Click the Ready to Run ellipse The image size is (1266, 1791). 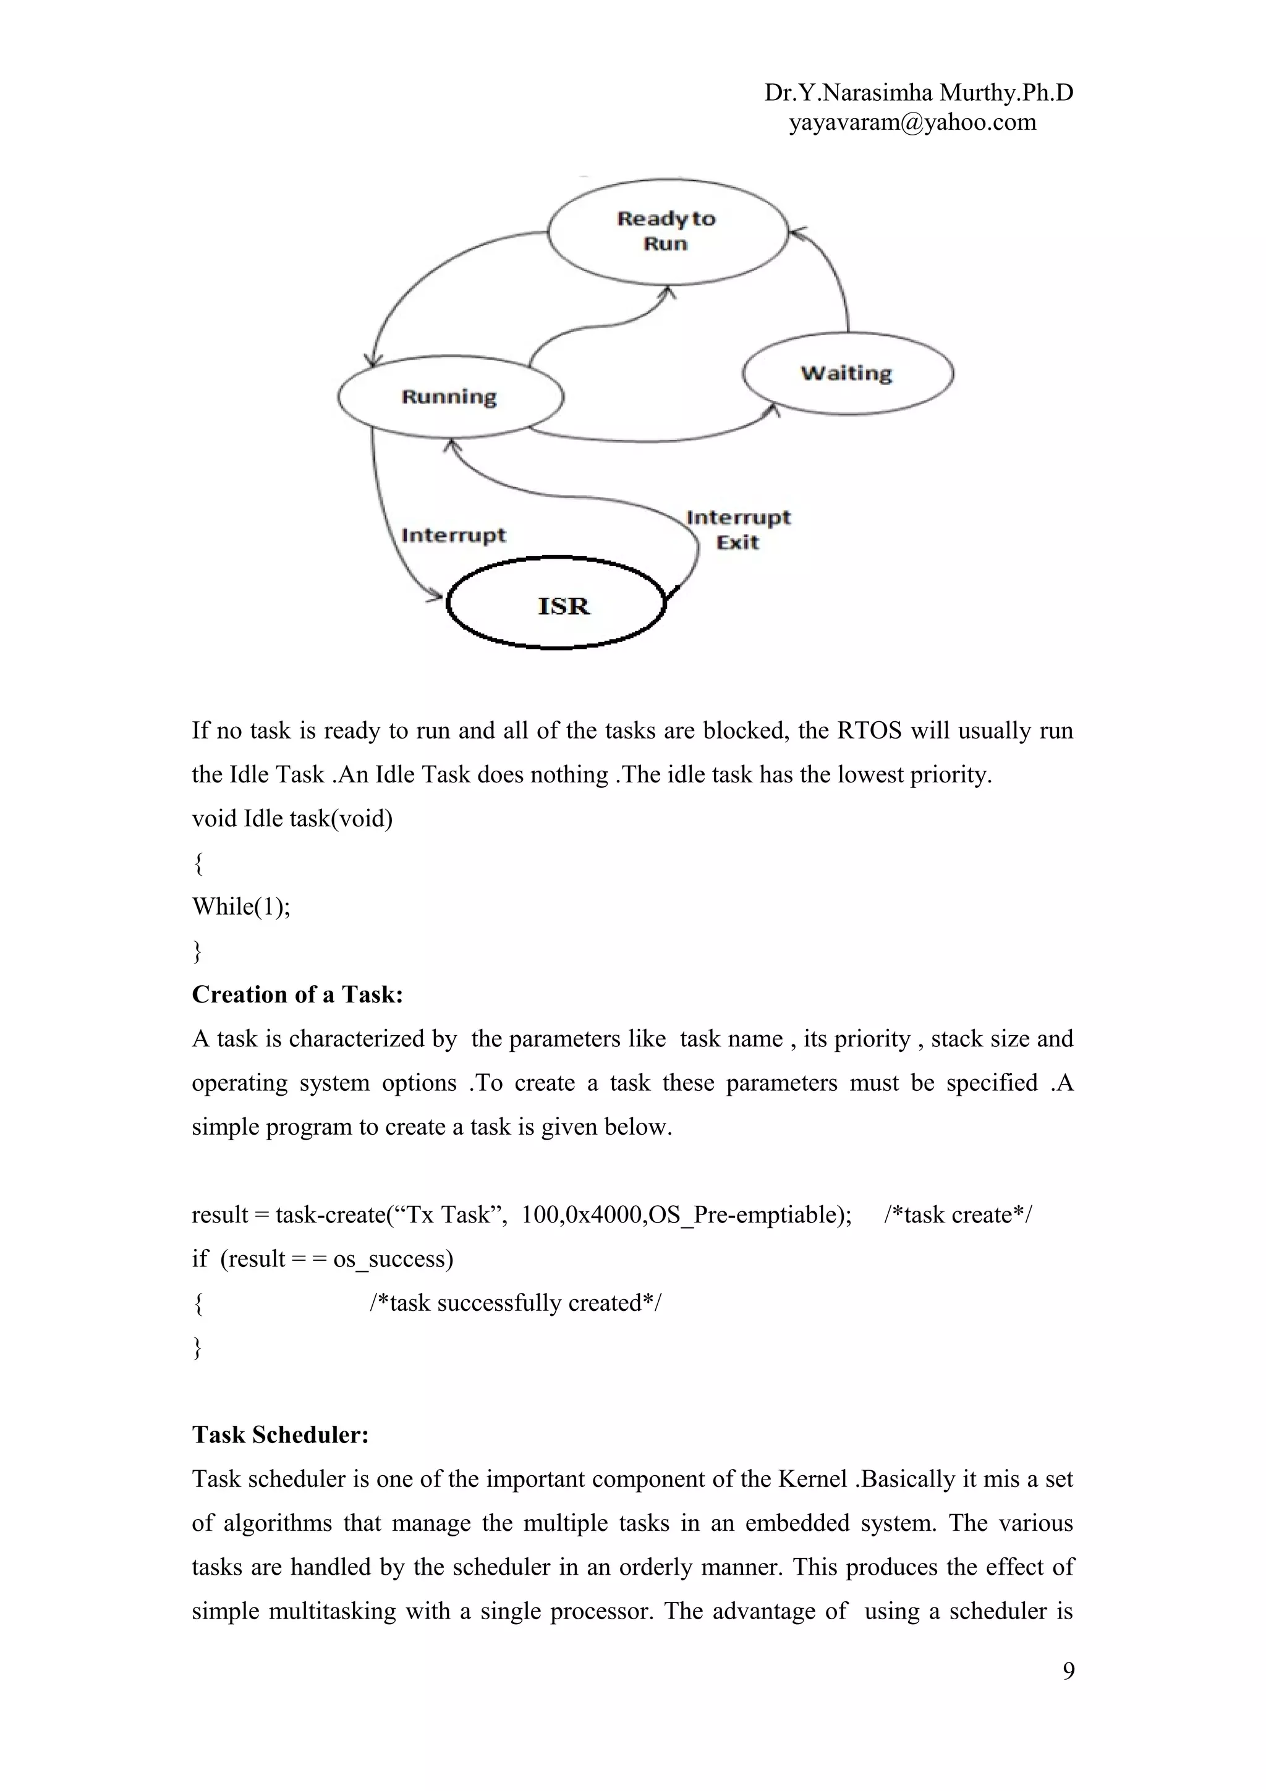667,231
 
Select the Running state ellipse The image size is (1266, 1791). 450,396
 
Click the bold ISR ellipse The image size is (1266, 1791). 556,603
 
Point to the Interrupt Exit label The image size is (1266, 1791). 738,530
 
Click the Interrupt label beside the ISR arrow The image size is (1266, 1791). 453,535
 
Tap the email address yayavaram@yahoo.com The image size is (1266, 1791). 912,122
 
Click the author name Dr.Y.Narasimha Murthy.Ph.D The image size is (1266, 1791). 918,93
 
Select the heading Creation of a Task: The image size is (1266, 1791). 297,994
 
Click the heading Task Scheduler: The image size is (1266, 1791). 280,1435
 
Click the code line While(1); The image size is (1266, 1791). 241,907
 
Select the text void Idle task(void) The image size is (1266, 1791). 292,818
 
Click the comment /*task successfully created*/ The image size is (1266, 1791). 515,1303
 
